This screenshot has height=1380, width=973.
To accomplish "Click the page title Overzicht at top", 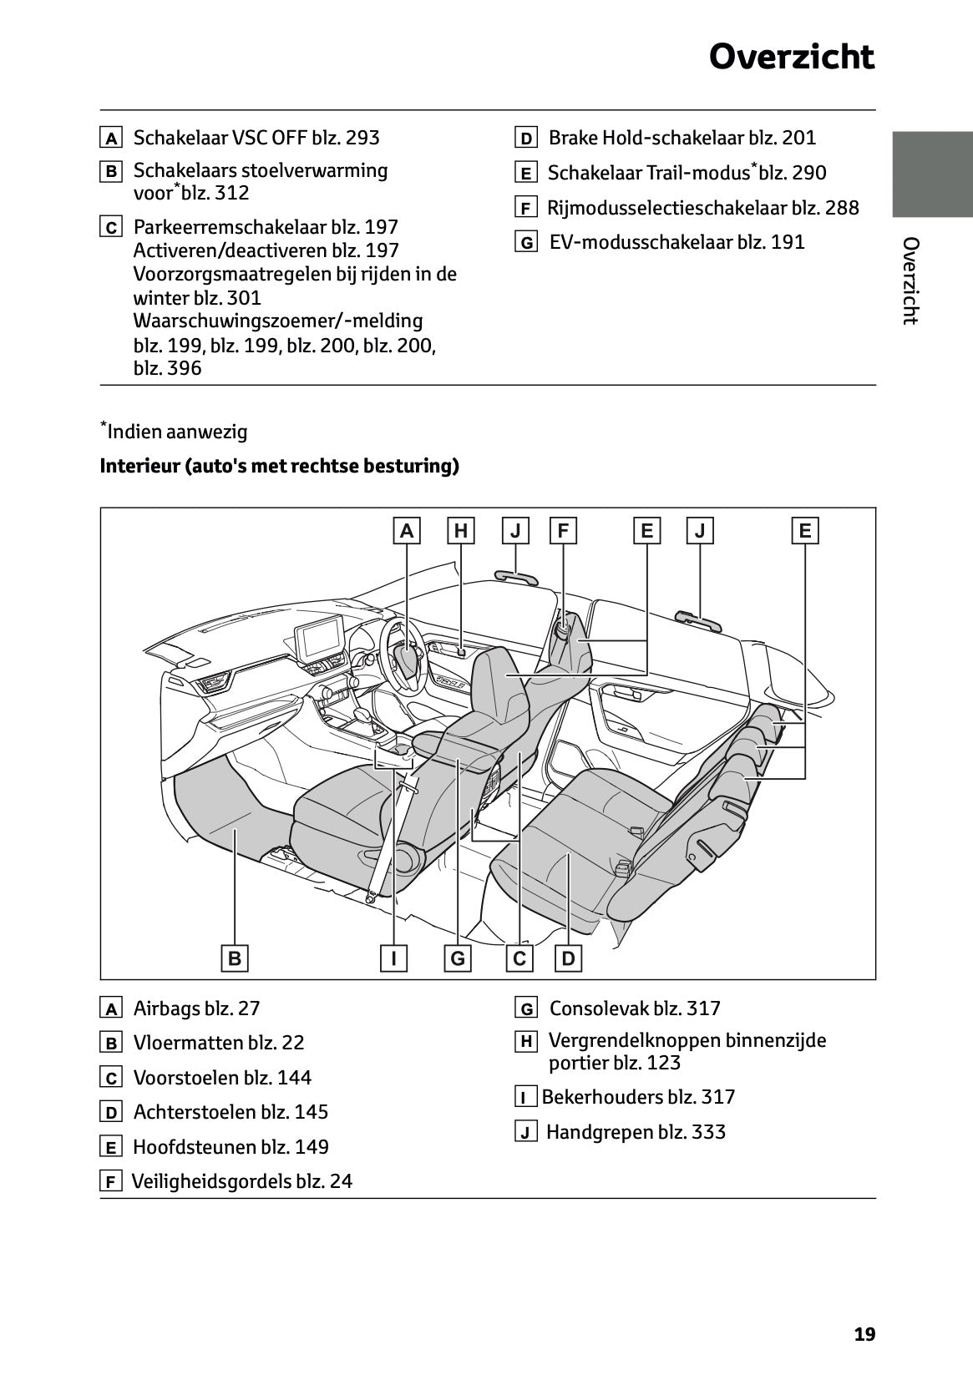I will point(791,58).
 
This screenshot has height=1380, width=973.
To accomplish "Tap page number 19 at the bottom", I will point(864,1334).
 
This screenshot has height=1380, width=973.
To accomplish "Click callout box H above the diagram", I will point(460,530).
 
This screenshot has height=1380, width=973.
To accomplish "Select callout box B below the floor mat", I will point(235,958).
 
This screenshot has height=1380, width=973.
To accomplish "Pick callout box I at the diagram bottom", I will point(393,958).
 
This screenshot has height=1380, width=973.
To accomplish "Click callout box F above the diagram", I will point(563,530).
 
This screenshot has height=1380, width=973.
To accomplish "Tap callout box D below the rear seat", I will point(569,958).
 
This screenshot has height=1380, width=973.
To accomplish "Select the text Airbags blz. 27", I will point(196,1008).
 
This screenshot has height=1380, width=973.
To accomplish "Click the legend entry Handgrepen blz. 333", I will point(635,1132).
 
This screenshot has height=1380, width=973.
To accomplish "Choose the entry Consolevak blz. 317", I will point(634,1008).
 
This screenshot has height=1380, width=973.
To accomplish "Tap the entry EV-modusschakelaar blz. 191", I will point(677,242).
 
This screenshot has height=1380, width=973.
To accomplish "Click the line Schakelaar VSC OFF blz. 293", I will point(256,138).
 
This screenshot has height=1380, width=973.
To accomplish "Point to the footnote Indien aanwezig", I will point(177,432).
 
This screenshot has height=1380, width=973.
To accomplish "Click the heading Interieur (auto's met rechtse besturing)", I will point(279,466).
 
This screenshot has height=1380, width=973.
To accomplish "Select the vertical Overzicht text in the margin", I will point(910,281).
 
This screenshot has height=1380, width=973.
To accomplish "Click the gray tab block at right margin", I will point(932,174).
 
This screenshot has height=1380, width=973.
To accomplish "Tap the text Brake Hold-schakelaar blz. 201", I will point(682,138).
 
